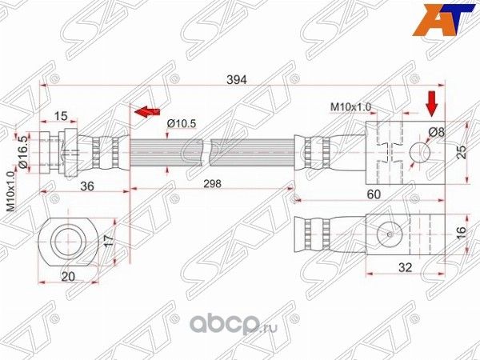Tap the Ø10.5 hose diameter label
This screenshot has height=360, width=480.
(x=182, y=122)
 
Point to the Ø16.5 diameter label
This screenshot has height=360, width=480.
(x=23, y=150)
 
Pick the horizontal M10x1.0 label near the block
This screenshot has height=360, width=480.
(x=350, y=106)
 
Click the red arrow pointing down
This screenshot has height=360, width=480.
(x=431, y=102)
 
